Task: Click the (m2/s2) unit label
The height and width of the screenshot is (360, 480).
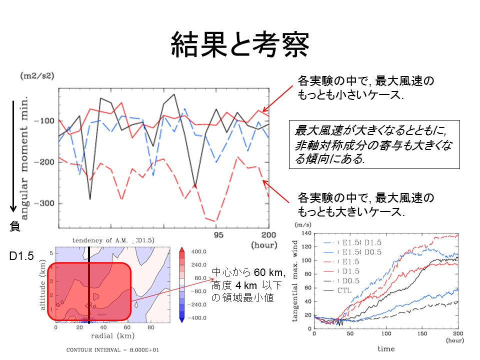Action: pos(37,76)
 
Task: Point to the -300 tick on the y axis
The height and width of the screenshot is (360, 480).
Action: pos(44,203)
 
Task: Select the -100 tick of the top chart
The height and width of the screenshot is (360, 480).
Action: pos(44,121)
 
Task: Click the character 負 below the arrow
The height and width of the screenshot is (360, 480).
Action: pos(15,226)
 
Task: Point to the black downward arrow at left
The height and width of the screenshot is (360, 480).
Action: pos(14,155)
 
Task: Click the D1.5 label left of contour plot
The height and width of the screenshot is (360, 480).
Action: pos(21,256)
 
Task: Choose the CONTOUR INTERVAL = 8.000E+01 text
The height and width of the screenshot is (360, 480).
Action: pos(113,349)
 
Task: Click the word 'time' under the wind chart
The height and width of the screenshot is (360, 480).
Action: pos(385,348)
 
